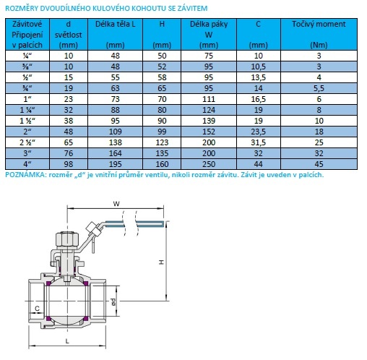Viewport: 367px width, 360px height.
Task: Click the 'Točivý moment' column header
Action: (x=319, y=24)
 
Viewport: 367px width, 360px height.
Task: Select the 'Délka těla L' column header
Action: (x=116, y=24)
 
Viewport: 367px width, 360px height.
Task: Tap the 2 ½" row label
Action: (x=27, y=142)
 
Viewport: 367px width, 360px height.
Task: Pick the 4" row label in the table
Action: (x=27, y=164)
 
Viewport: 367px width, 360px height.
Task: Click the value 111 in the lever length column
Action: (x=209, y=99)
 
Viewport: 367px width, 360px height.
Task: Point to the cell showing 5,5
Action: (x=319, y=88)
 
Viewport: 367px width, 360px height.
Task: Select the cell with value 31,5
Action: (x=259, y=142)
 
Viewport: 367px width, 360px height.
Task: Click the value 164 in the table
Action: (x=116, y=153)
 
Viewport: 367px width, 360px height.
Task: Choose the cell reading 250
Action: (x=209, y=164)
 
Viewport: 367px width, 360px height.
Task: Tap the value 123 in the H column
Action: (x=162, y=142)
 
